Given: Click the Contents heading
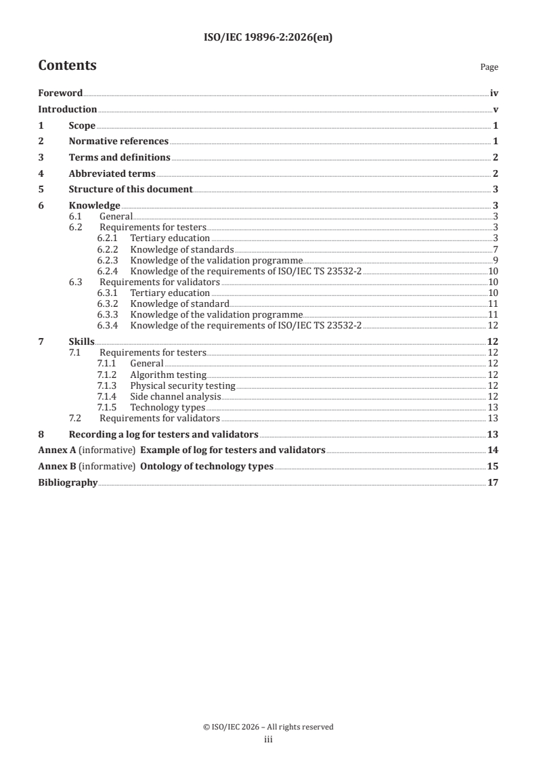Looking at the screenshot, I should coord(67,66).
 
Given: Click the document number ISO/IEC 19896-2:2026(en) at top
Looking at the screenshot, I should coord(268,39).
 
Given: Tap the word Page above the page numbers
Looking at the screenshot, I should coord(489,67).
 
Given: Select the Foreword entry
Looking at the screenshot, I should coord(60,93).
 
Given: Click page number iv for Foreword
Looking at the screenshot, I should coord(494,93).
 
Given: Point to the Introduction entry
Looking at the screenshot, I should coord(67,109).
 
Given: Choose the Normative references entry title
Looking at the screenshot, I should coord(119,141).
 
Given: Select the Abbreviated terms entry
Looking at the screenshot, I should coord(112,173).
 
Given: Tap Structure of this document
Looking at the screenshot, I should coord(131,189).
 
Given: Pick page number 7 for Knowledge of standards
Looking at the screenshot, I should coord(496,249).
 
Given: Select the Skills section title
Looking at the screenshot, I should coord(82,343).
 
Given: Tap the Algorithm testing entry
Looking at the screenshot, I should coord(168,375).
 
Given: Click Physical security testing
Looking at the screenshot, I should coord(183,385).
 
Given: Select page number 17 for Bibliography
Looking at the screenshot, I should coord(493,482).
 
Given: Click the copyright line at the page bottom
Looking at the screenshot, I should coord(268,727).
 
